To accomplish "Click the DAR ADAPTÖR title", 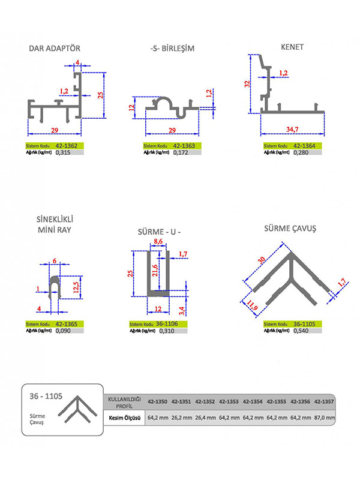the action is point(55,49).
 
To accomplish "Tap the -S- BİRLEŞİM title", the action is point(172,49).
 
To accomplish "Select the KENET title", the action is point(292,47).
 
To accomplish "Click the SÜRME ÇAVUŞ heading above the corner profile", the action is point(290,229).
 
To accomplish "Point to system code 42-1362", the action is point(67,146).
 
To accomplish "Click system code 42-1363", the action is point(184,146).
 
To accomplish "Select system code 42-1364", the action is point(304,146).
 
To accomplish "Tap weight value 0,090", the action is point(63,331).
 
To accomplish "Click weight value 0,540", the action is point(301,331).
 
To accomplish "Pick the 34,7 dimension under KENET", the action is point(292,129).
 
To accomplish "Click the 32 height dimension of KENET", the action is point(247,84).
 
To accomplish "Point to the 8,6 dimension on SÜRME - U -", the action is point(158,241).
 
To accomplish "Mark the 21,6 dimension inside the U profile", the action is point(155,271).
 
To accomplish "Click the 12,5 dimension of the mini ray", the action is point(76,287).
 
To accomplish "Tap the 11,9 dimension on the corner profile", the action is point(252,305).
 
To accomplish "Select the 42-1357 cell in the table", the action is point(324,401).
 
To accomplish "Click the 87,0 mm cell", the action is point(325,418).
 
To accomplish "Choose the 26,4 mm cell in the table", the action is point(205,418).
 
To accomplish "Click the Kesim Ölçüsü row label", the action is point(125,418).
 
